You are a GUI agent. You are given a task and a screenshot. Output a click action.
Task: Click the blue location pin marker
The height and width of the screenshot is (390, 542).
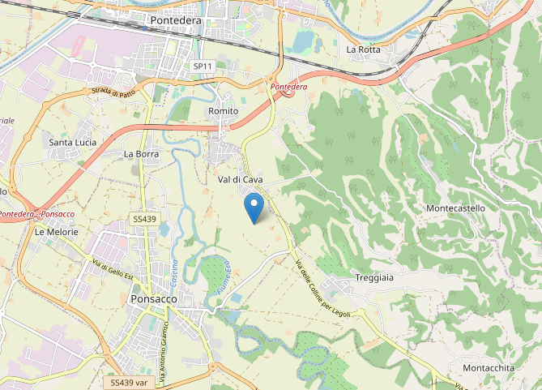point(254,208)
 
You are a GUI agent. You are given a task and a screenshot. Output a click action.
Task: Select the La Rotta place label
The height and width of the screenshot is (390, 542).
point(364,49)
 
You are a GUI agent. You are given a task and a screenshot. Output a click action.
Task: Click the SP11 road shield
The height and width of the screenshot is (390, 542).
point(203,66)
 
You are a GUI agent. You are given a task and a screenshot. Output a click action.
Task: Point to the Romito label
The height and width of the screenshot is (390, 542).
point(224,110)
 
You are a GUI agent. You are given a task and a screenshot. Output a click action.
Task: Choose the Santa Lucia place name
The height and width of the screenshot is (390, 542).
point(73,143)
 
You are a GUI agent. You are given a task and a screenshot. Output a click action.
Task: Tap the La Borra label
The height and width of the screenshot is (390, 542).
point(140,153)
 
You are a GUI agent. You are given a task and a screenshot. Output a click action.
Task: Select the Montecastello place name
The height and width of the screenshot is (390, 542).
point(455,208)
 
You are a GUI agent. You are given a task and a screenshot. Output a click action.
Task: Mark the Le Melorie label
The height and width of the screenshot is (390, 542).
point(57,232)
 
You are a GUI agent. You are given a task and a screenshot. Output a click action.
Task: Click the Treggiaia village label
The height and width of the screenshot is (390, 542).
point(374,278)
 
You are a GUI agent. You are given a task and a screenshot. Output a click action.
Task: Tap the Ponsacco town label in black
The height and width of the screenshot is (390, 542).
point(153,299)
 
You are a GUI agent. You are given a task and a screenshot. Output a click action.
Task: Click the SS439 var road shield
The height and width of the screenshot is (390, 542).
point(129,382)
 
